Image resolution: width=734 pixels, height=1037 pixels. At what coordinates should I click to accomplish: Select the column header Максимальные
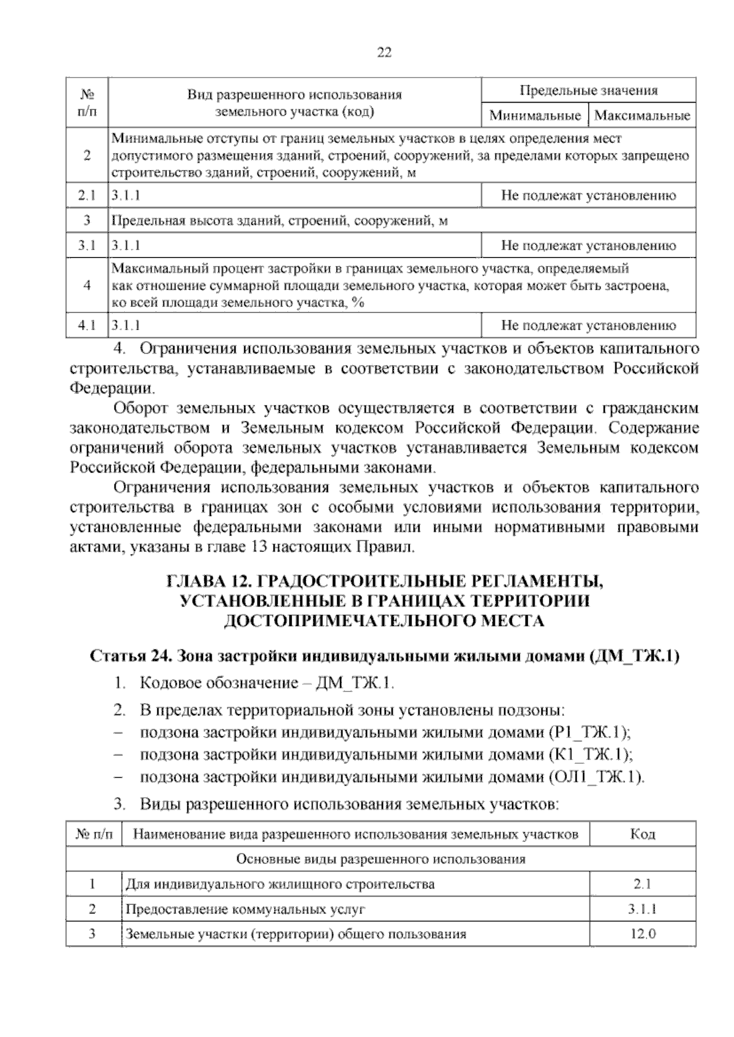pyautogui.click(x=642, y=115)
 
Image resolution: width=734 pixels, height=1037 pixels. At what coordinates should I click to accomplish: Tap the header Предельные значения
pyautogui.click(x=588, y=90)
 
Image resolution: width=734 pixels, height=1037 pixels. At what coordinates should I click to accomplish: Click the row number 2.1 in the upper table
pyautogui.click(x=87, y=196)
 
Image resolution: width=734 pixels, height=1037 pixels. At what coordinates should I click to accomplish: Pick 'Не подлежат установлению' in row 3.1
pyautogui.click(x=588, y=246)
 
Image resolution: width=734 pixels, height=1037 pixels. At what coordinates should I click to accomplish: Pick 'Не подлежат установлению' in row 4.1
pyautogui.click(x=588, y=326)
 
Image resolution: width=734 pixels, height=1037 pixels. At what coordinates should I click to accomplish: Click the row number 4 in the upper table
pyautogui.click(x=87, y=285)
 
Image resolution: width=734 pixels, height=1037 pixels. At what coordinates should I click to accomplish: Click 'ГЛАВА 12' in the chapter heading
pyautogui.click(x=205, y=580)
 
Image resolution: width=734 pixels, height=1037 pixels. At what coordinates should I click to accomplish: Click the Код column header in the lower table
pyautogui.click(x=642, y=834)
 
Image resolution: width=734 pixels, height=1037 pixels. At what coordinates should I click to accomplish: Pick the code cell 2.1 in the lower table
pyautogui.click(x=642, y=884)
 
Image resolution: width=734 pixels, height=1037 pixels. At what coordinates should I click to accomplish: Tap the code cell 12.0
pyautogui.click(x=642, y=934)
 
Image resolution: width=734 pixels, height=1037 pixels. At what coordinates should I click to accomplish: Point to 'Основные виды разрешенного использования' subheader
pyautogui.click(x=380, y=858)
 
